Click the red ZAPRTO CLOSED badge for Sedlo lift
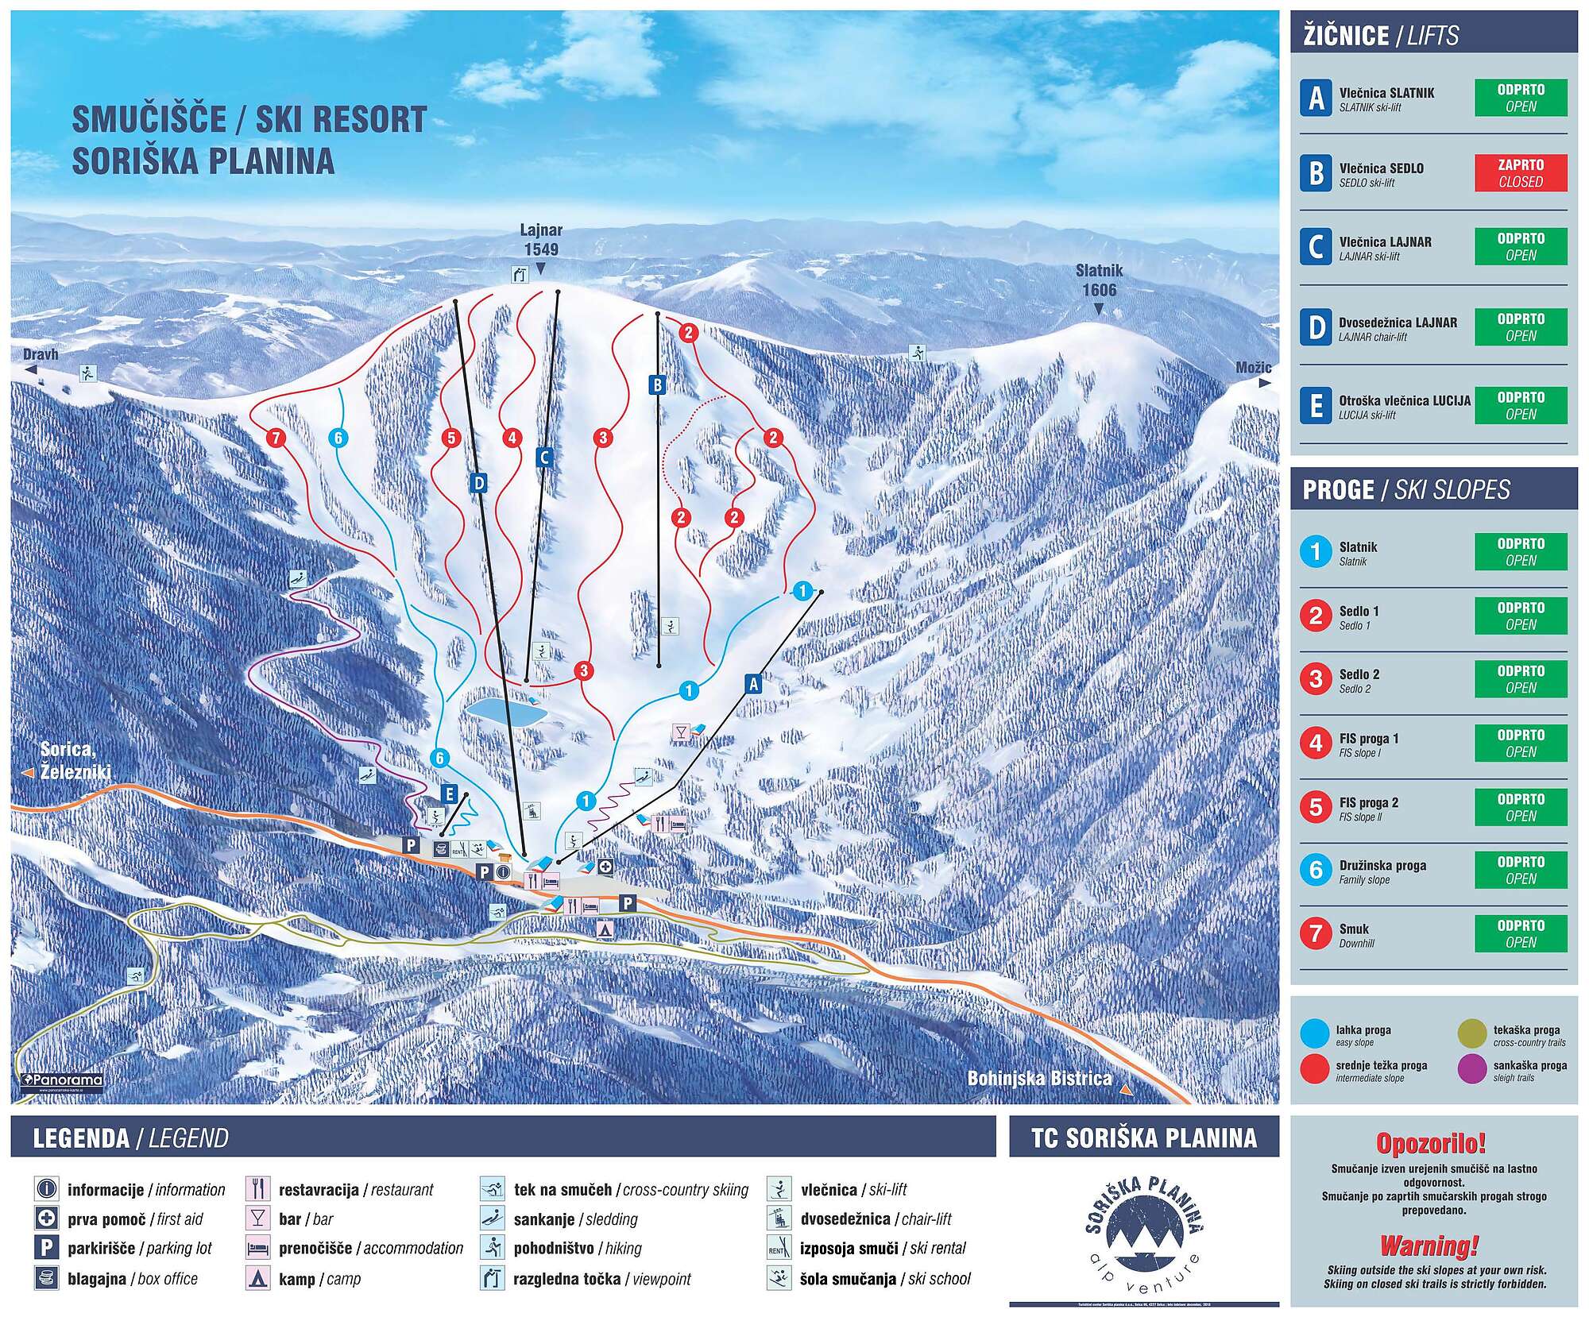(x=1521, y=173)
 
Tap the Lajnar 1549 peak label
(x=541, y=240)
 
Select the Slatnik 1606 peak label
(x=1099, y=280)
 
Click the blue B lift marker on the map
(x=657, y=386)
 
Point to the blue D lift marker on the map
(x=477, y=482)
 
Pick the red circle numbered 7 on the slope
(x=275, y=438)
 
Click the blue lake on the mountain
(x=507, y=710)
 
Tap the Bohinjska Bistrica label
(x=1039, y=1078)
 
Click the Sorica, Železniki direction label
(x=75, y=760)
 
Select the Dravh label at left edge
(x=41, y=354)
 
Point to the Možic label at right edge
(x=1253, y=368)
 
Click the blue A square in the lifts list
(x=1316, y=98)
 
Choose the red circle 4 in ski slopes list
(x=1316, y=743)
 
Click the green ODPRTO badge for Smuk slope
(x=1521, y=933)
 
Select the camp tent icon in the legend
(x=258, y=1279)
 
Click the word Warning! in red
(x=1429, y=1246)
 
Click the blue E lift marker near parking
(x=450, y=794)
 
